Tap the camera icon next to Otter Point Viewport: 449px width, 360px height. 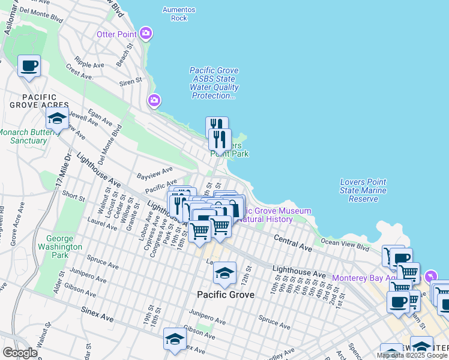145,34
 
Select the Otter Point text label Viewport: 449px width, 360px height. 116,34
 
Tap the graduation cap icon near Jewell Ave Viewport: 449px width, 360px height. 57,118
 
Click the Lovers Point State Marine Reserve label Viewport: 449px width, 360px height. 363,190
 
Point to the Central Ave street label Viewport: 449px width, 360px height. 294,244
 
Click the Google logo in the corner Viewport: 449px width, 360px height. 19,353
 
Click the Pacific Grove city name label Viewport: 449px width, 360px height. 226,295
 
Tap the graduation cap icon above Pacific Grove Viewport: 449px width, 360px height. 224,274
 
